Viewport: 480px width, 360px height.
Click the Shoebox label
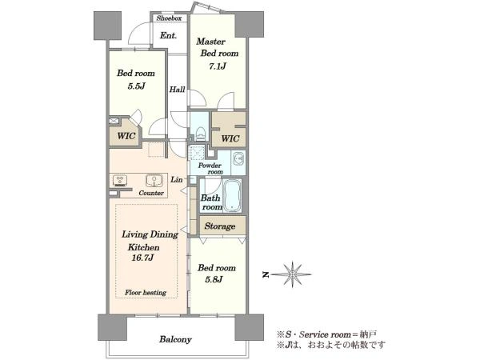pyautogui.click(x=169, y=18)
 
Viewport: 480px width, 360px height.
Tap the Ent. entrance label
pyautogui.click(x=168, y=35)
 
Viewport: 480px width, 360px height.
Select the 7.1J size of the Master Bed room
pyautogui.click(x=218, y=66)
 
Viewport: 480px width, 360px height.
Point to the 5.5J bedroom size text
pyautogui.click(x=136, y=86)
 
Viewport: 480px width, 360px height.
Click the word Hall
pyautogui.click(x=178, y=90)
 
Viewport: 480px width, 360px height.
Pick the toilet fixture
pyautogui.click(x=201, y=133)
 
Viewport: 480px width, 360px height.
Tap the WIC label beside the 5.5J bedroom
pyautogui.click(x=126, y=136)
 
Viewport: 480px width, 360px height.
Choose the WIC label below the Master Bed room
pyautogui.click(x=230, y=138)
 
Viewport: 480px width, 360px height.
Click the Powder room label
pyautogui.click(x=210, y=169)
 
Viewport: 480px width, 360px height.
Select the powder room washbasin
pyautogui.click(x=238, y=159)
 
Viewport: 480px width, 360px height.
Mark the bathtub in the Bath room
pyautogui.click(x=232, y=196)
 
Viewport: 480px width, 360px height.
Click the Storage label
pyautogui.click(x=220, y=226)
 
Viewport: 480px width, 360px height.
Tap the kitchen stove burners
pyautogui.click(x=120, y=181)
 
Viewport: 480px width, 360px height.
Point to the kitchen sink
pyautogui.click(x=154, y=181)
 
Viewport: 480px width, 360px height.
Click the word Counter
pyautogui.click(x=151, y=193)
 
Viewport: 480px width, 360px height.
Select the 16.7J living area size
pyautogui.click(x=142, y=258)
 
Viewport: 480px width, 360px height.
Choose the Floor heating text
pyautogui.click(x=146, y=293)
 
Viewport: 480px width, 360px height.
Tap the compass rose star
pyautogui.click(x=292, y=274)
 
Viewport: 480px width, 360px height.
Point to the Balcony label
pyautogui.click(x=175, y=339)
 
